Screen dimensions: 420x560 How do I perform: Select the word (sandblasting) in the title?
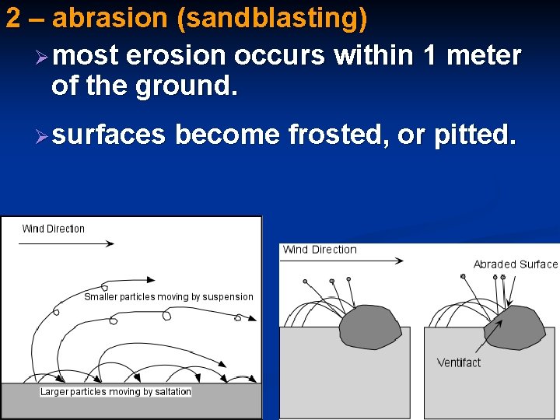click(x=272, y=19)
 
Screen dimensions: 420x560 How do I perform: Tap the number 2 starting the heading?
click(x=12, y=18)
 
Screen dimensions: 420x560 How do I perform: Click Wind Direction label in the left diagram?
click(x=53, y=229)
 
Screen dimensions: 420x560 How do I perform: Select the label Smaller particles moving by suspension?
click(x=169, y=296)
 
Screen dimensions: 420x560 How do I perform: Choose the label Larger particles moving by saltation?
click(x=116, y=391)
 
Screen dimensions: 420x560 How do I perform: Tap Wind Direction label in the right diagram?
click(x=320, y=250)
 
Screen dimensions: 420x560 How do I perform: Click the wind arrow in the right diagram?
click(x=342, y=262)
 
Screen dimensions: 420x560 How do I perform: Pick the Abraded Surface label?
click(x=515, y=264)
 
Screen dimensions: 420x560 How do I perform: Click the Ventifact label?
click(x=459, y=362)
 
